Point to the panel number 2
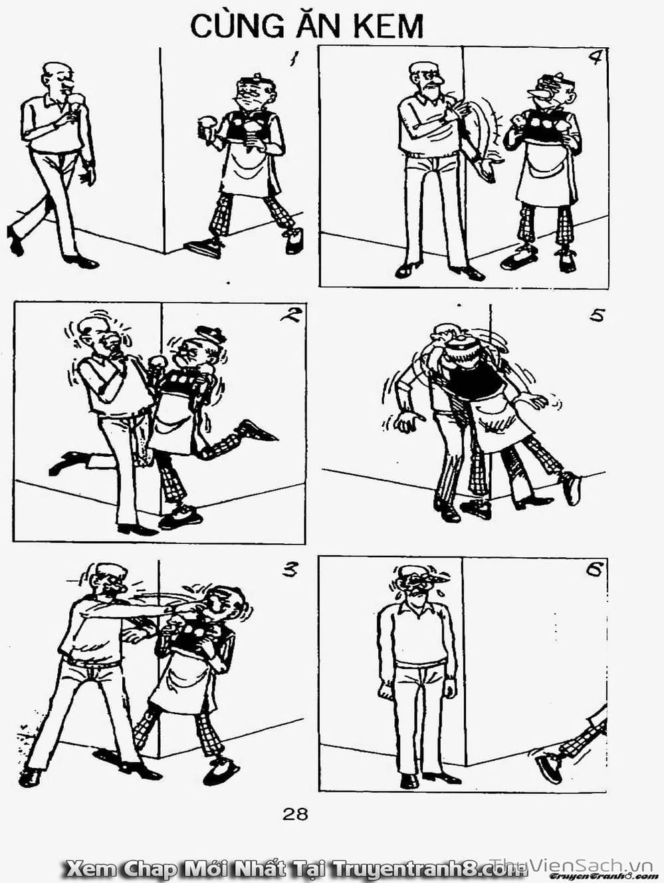290,315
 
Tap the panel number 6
594,569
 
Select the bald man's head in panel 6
414,583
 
